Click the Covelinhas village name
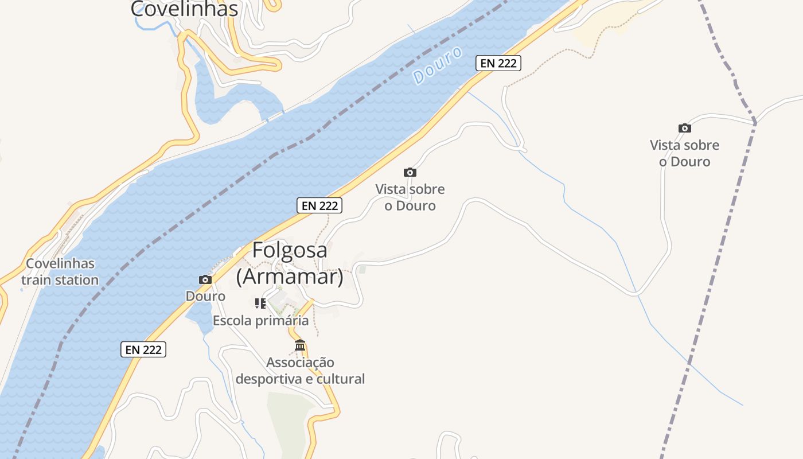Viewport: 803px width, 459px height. (184, 9)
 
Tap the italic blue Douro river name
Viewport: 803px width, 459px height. (438, 65)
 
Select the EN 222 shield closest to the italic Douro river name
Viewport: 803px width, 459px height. (498, 63)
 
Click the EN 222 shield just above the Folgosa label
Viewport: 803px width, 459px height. (319, 205)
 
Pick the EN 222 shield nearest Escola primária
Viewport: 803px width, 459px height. (143, 349)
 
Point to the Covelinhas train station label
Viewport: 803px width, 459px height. (60, 272)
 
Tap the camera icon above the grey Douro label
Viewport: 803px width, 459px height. (205, 280)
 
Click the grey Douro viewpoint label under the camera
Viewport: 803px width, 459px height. (205, 296)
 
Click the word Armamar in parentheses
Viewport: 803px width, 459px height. (290, 277)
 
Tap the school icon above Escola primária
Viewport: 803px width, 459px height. (260, 304)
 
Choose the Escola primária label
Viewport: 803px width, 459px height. (260, 321)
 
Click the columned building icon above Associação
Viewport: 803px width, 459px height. (300, 345)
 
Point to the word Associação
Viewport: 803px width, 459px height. (300, 363)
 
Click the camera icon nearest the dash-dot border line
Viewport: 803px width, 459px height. (684, 128)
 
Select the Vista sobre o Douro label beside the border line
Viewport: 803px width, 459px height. (684, 153)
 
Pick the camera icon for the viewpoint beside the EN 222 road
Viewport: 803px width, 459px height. (410, 172)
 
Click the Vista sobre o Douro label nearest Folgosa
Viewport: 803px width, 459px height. (410, 197)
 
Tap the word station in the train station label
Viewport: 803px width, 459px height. (76, 281)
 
